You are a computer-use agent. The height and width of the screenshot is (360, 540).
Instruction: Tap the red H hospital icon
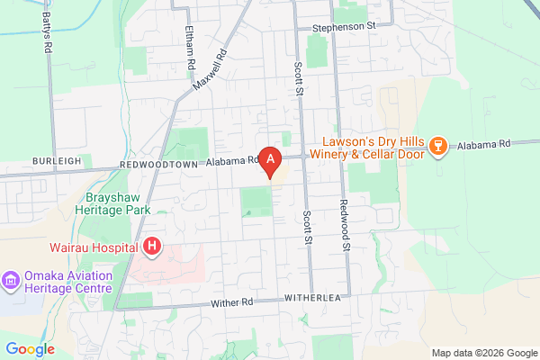[x=152, y=246]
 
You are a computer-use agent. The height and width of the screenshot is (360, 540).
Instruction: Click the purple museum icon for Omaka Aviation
[x=11, y=281]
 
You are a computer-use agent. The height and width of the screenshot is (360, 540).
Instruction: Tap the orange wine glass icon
[x=438, y=146]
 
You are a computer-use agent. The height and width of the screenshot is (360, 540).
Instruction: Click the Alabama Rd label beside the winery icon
[x=484, y=144]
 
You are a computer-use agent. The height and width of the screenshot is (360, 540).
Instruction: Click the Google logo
[x=30, y=349]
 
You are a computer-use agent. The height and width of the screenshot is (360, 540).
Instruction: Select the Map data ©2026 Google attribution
[x=483, y=352]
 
